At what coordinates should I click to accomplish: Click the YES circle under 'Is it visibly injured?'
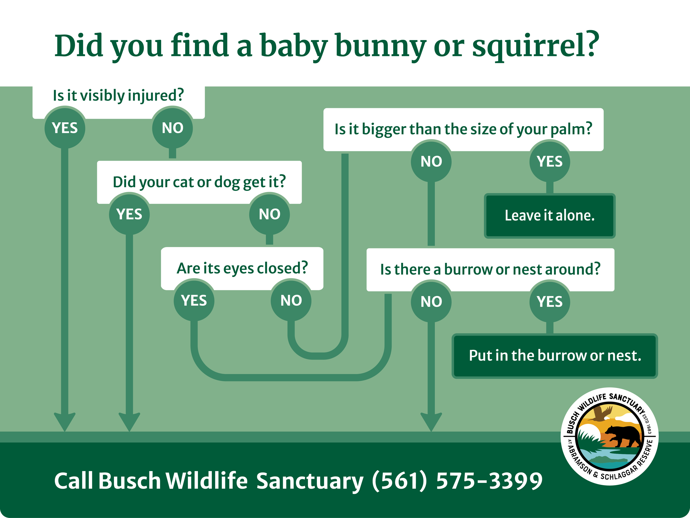pyautogui.click(x=65, y=128)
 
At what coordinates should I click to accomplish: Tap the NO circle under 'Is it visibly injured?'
pyautogui.click(x=173, y=128)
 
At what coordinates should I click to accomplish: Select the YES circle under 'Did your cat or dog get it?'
pyautogui.click(x=129, y=214)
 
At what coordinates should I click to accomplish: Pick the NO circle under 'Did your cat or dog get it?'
pyautogui.click(x=269, y=214)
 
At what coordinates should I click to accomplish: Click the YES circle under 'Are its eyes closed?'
pyautogui.click(x=194, y=300)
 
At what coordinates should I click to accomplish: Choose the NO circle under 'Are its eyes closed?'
pyautogui.click(x=291, y=300)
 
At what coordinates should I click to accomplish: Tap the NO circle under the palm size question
pyautogui.click(x=431, y=161)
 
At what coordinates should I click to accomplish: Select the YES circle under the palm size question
pyautogui.click(x=550, y=161)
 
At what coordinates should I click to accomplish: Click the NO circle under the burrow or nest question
pyautogui.click(x=431, y=302)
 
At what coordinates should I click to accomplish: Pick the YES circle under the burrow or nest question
pyautogui.click(x=550, y=302)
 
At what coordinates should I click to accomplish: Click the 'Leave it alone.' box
pyautogui.click(x=550, y=216)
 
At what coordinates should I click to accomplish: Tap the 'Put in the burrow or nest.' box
pyautogui.click(x=554, y=356)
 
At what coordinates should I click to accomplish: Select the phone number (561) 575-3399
pyautogui.click(x=457, y=480)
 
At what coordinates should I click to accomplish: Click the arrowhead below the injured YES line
pyautogui.click(x=65, y=421)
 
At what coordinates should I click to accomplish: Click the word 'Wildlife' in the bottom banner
pyautogui.click(x=206, y=480)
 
